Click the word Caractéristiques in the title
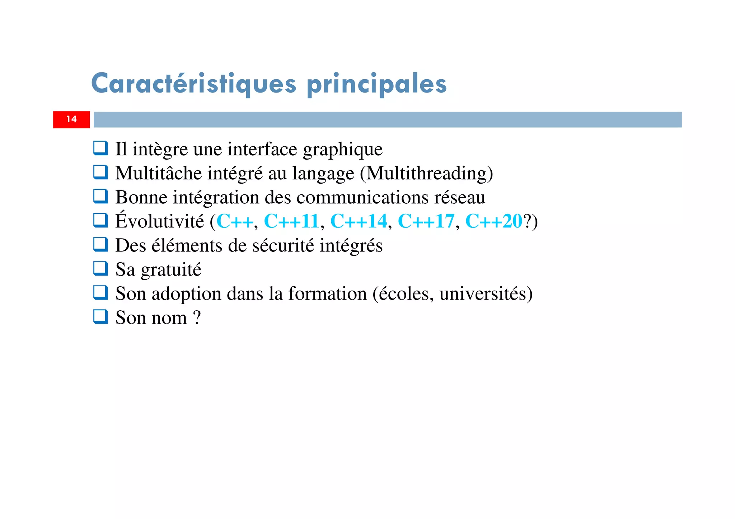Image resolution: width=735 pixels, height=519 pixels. click(x=194, y=83)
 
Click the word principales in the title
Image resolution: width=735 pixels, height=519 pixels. click(x=376, y=83)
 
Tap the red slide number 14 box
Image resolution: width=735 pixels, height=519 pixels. click(x=71, y=119)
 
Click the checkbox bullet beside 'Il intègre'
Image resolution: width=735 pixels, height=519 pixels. click(x=100, y=148)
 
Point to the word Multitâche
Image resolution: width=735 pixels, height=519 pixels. click(x=159, y=173)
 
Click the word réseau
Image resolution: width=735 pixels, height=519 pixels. click(x=460, y=197)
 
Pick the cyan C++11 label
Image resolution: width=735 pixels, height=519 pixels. click(x=291, y=221)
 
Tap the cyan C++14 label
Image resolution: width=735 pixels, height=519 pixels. click(x=359, y=221)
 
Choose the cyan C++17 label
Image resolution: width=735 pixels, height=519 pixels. click(x=426, y=221)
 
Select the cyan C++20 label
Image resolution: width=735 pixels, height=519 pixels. click(x=493, y=221)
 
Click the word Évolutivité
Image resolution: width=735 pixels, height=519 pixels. click(x=160, y=221)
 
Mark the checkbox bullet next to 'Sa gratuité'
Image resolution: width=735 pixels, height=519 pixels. click(x=100, y=269)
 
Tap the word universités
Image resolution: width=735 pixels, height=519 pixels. click(x=483, y=294)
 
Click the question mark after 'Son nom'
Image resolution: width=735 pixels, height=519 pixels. click(x=197, y=318)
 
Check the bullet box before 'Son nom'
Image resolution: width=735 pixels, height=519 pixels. click(x=100, y=317)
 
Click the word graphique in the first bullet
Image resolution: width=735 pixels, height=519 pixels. click(x=343, y=150)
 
